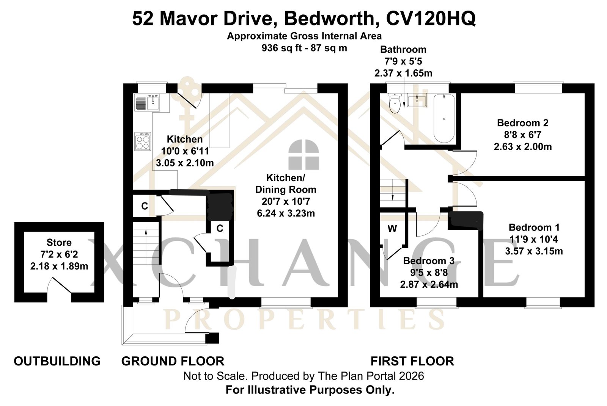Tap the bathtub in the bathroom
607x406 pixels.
444,118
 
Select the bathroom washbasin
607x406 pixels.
417,100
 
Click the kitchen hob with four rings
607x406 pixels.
143,141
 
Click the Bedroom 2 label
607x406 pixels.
523,123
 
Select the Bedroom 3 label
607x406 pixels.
429,260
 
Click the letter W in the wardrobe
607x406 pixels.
392,229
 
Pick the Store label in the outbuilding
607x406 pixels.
59,242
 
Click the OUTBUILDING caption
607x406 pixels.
57,361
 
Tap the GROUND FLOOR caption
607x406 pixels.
173,361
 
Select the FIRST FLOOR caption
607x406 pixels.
412,361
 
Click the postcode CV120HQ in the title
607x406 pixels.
431,19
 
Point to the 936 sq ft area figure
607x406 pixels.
281,48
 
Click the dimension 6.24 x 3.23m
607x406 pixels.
286,213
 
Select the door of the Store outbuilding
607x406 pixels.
61,285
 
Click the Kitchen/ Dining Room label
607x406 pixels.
286,183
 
